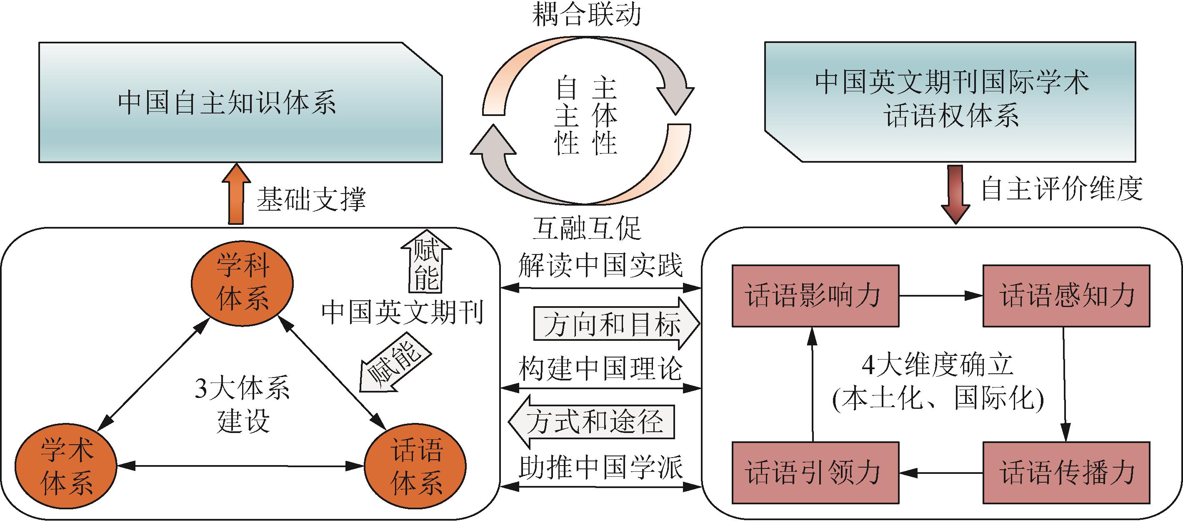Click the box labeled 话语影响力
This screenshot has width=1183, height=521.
[x=815, y=296]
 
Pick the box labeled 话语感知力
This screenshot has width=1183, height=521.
[x=1066, y=296]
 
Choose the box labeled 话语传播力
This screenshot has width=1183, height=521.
[x=1066, y=472]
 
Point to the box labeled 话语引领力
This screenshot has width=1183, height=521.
[x=815, y=472]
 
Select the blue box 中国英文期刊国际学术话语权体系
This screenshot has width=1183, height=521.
[x=950, y=102]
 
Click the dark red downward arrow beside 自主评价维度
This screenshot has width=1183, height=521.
[x=955, y=194]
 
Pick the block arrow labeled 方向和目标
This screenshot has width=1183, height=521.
[x=615, y=324]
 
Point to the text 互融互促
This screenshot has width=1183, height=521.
[x=586, y=229]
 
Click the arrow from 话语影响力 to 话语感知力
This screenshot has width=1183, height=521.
[x=940, y=296]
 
